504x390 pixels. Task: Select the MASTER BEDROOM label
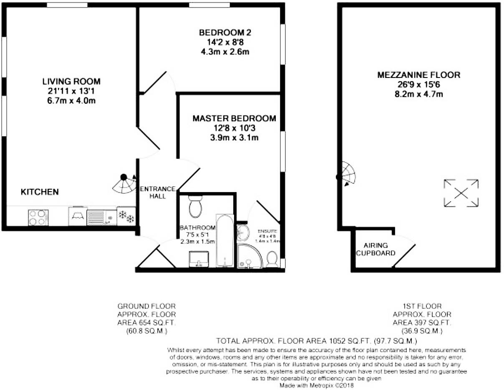pyautogui.click(x=234, y=119)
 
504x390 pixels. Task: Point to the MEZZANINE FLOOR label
pyautogui.click(x=418, y=75)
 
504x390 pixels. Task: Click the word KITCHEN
pyautogui.click(x=40, y=192)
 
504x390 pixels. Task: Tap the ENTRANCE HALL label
pyautogui.click(x=158, y=192)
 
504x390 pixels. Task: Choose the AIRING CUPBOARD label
pyautogui.click(x=375, y=249)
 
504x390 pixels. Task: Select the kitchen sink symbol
pyautogui.click(x=101, y=217)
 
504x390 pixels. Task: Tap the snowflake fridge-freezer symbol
pyautogui.click(x=126, y=216)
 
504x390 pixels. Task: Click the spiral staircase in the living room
pyautogui.click(x=125, y=184)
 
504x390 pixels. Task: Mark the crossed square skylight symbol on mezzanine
pyautogui.click(x=461, y=193)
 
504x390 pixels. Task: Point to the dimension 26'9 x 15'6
pyautogui.click(x=418, y=85)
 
